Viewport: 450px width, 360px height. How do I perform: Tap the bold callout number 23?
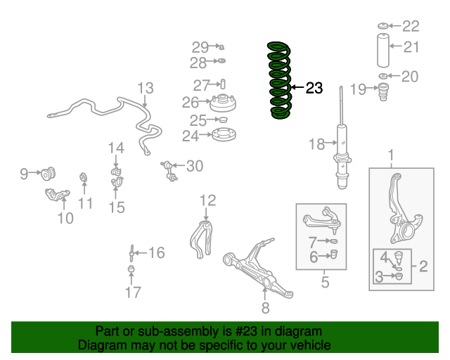coord(314,88)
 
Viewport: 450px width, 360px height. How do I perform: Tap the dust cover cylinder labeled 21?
coord(382,51)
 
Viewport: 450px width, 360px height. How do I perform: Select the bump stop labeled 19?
coord(383,92)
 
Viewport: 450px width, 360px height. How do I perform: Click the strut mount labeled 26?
coord(223,103)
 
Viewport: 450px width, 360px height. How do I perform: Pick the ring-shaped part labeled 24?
coord(224,135)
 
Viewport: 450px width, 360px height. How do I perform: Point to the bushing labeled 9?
coord(48,174)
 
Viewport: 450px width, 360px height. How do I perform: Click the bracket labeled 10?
coord(58,195)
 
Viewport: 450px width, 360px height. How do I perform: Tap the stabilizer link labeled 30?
coord(169,172)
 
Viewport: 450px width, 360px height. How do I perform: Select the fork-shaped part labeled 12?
coord(202,240)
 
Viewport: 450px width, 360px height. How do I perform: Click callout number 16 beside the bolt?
coord(157,252)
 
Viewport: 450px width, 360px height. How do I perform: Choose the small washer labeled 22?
coord(382,26)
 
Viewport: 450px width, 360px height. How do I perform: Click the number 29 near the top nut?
coord(200,47)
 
